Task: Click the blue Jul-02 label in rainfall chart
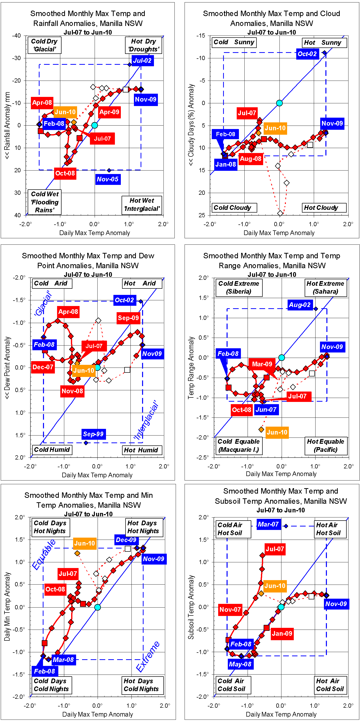(143, 61)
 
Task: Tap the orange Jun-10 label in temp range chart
(277, 432)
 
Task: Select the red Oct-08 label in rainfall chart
(65, 173)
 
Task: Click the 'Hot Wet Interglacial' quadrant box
(142, 205)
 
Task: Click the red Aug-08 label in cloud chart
(251, 159)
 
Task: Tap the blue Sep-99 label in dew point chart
(93, 434)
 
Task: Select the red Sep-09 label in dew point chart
(128, 318)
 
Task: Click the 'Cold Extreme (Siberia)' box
(239, 287)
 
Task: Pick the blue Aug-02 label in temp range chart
(300, 305)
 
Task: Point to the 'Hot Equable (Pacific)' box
(325, 446)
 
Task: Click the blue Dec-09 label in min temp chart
(126, 540)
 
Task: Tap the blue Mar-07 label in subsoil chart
(268, 524)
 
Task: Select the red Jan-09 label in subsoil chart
(282, 634)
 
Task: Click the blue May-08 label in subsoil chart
(240, 664)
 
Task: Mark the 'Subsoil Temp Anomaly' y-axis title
(191, 607)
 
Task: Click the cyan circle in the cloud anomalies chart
(279, 103)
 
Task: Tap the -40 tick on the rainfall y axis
(16, 36)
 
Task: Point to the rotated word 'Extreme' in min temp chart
(148, 657)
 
